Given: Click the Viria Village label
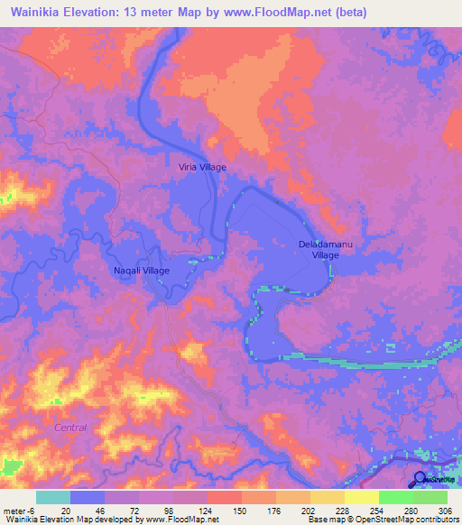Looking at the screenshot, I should pos(200,167).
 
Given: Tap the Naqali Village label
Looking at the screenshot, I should pos(141,271).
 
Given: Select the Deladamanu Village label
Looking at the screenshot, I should pos(319,250).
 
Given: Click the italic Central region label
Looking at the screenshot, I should pos(70,427).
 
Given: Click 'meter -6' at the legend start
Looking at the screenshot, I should pos(19,510).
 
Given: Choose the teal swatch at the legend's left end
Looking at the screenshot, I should pos(53,497).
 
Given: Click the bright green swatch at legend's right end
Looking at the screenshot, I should pos(430,497).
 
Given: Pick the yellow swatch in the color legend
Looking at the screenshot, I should pos(361,497).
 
